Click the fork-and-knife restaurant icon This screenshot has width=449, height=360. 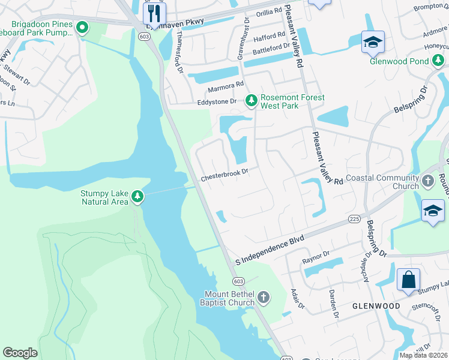tap(154, 13)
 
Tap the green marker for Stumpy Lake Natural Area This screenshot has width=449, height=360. tap(137, 197)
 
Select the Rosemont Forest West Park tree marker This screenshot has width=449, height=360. tap(252, 101)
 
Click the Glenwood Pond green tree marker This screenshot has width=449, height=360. tap(439, 61)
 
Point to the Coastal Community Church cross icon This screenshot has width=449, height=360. tap(427, 181)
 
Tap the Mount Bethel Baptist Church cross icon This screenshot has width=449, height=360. tap(263, 297)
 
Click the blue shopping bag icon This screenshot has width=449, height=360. tap(408, 280)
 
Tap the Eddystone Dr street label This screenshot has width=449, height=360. tap(218, 103)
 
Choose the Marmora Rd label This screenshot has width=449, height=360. tap(226, 88)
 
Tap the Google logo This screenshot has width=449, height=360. tap(20, 353)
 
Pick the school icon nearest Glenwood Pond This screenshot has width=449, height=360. tap(372, 42)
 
